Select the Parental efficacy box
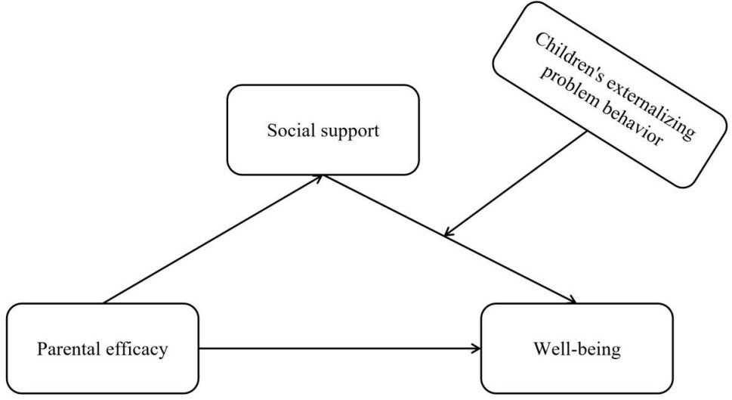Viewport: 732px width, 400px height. (102, 349)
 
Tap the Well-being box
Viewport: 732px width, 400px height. (576, 349)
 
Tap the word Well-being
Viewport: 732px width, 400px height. (576, 349)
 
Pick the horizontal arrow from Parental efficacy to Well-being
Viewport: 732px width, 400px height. (340, 349)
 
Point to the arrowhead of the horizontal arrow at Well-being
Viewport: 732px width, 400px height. (476, 349)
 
